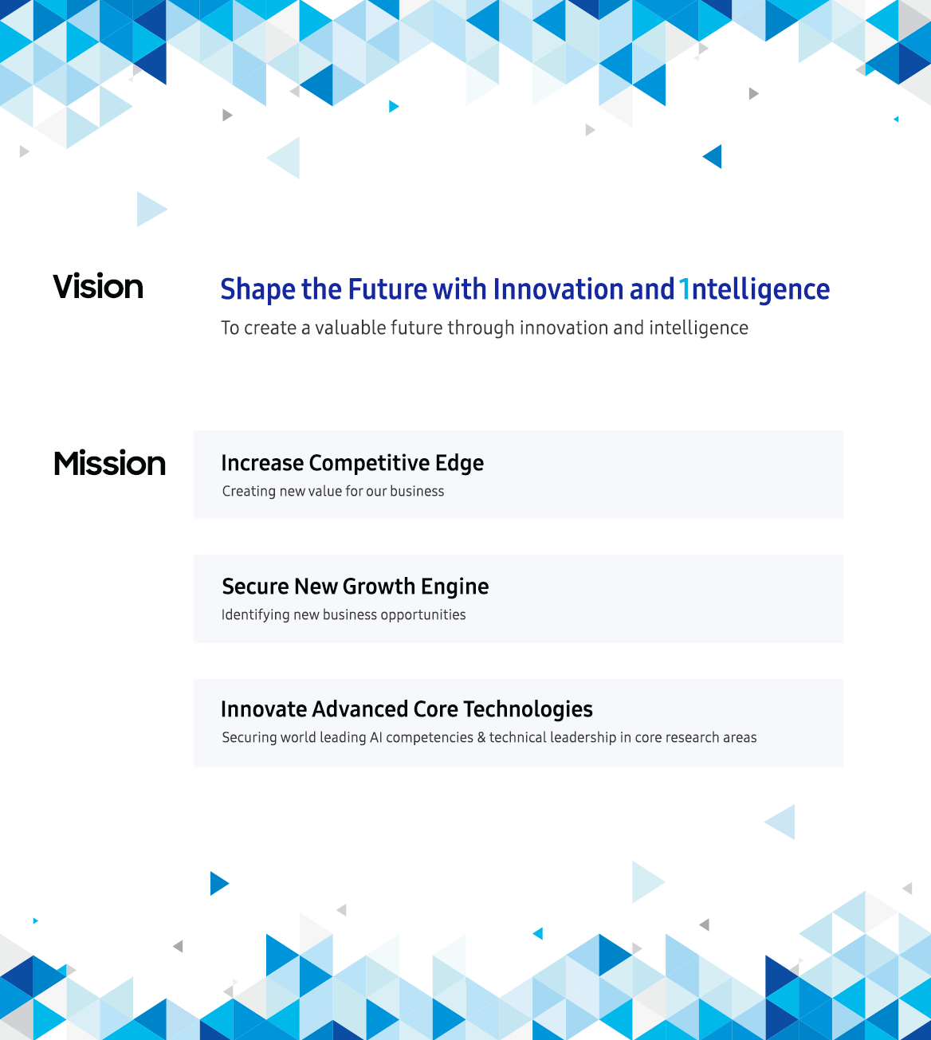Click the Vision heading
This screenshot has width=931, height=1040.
pos(98,287)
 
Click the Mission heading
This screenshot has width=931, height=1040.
pos(110,464)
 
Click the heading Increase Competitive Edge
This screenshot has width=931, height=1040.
pos(352,463)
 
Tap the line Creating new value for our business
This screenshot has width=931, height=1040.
pos(333,491)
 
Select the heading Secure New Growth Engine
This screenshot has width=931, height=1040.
pos(356,587)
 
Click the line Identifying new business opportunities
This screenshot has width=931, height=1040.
pos(344,614)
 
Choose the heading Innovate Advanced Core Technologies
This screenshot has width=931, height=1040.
pos(407,709)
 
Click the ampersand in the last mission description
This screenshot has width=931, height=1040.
pos(481,738)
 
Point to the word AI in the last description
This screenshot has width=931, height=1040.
pos(376,738)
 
